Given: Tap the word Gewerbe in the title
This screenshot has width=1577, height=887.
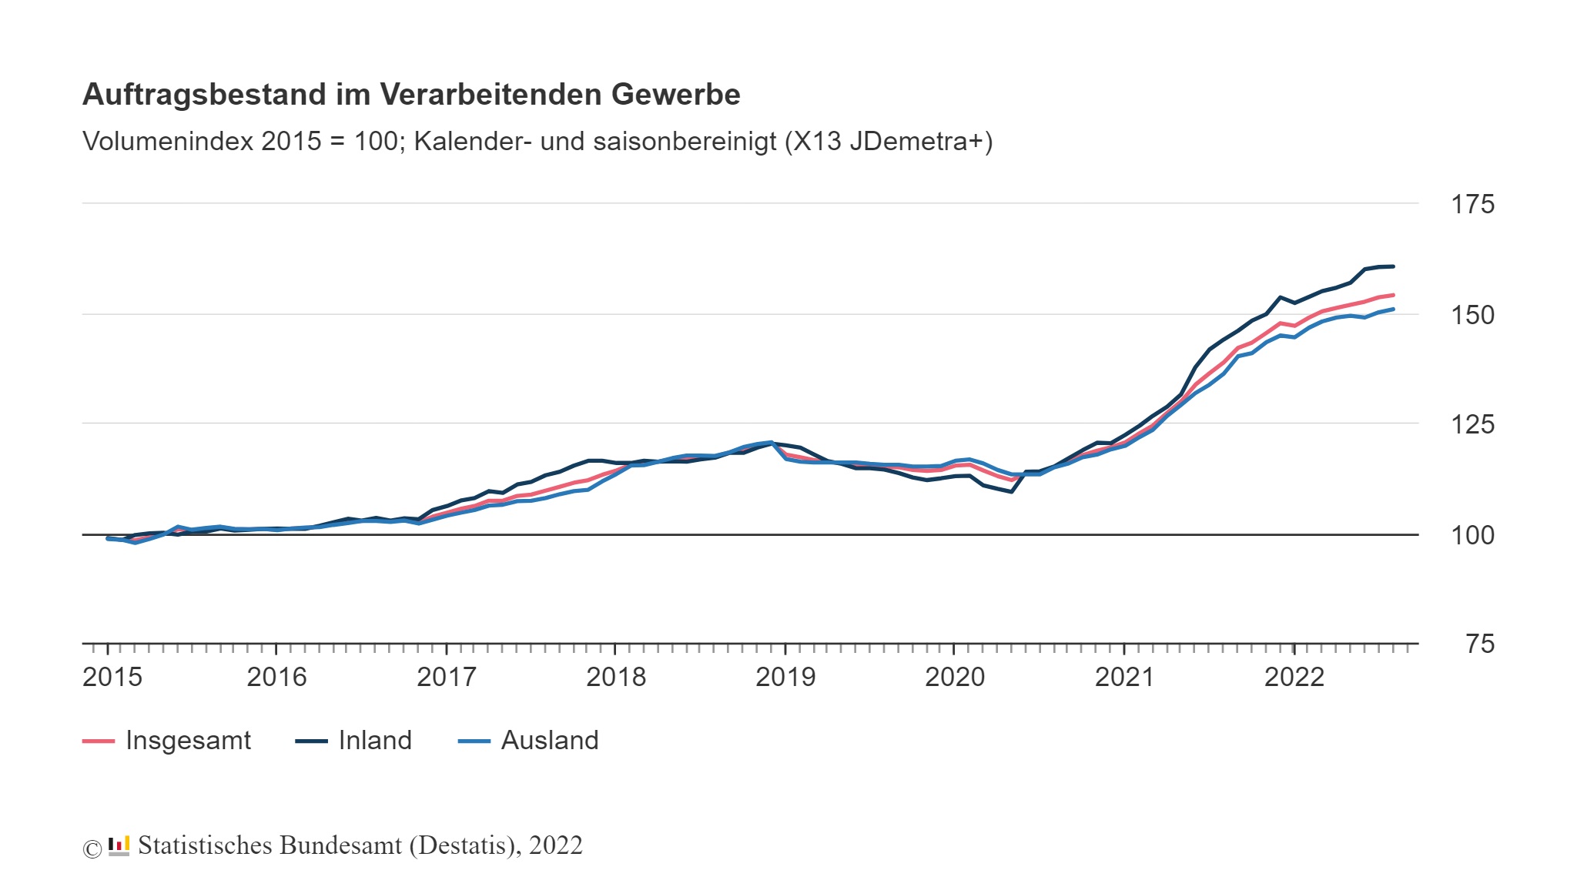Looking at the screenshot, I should click(x=675, y=95).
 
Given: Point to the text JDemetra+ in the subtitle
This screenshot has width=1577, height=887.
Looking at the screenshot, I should click(x=920, y=142).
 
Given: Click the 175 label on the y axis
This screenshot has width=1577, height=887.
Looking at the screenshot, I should click(x=1472, y=205).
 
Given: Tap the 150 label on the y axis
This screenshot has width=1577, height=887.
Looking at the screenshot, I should click(x=1472, y=315).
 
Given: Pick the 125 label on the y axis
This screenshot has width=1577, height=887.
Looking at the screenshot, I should click(x=1472, y=424).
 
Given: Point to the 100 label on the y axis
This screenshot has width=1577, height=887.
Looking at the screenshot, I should click(x=1472, y=535).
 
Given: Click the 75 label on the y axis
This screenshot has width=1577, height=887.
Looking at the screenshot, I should click(x=1479, y=644).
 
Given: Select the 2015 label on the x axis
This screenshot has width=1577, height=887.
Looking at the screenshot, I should click(x=112, y=678).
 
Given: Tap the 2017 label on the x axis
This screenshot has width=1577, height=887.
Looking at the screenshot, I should click(x=446, y=678).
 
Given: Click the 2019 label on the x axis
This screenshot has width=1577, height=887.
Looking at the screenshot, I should click(x=785, y=678).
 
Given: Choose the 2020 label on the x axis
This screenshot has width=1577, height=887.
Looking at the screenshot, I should click(x=954, y=678).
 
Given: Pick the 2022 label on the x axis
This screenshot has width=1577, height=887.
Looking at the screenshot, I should click(x=1294, y=678).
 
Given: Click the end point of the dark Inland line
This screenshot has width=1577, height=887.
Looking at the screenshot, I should click(x=1393, y=266).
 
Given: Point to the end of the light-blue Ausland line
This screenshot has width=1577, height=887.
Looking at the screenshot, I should click(x=1393, y=310).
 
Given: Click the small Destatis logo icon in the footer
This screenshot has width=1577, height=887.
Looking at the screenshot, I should click(x=119, y=846).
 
